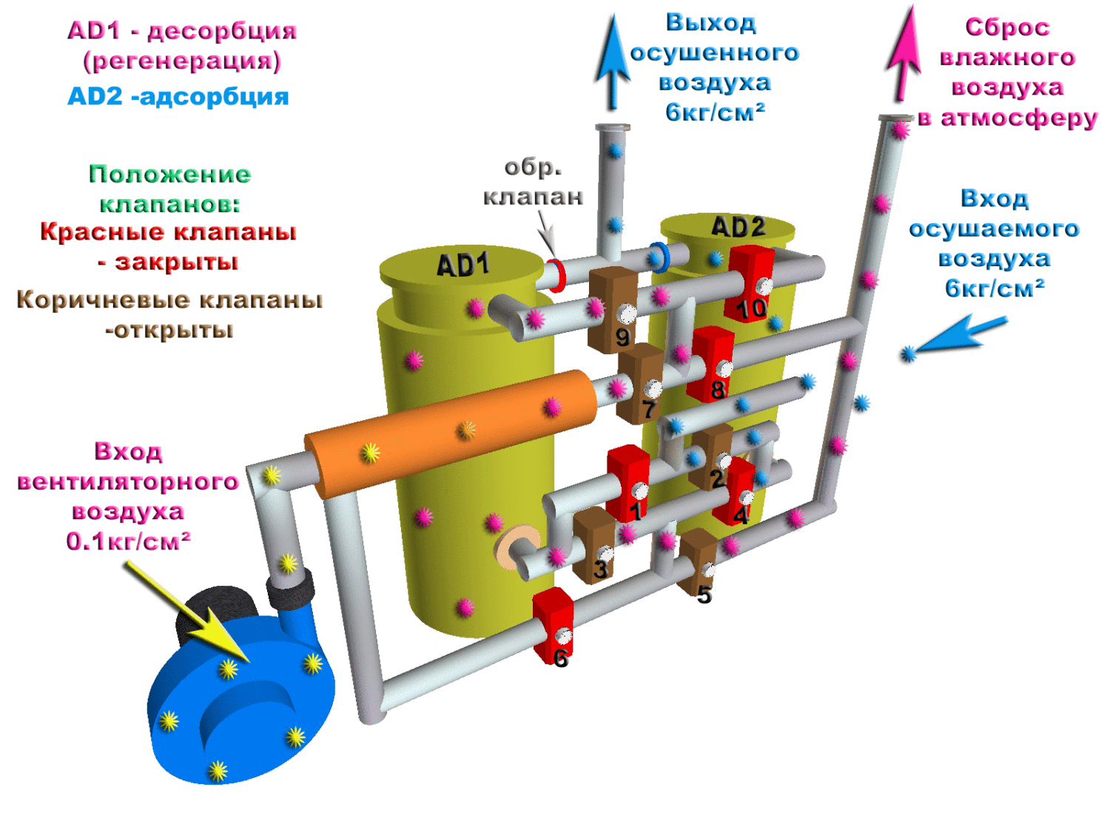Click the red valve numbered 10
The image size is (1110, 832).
[x=750, y=283]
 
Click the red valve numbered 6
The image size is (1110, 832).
[x=553, y=625]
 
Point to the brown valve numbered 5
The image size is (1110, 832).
[x=698, y=561]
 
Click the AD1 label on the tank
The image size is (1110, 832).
[x=462, y=265]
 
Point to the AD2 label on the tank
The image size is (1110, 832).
[x=737, y=227]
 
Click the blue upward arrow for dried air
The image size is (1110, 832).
[x=613, y=63]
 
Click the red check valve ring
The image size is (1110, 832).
[x=556, y=275]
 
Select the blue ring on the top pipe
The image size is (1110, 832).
[x=659, y=257]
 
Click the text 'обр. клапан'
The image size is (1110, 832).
[x=533, y=182]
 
